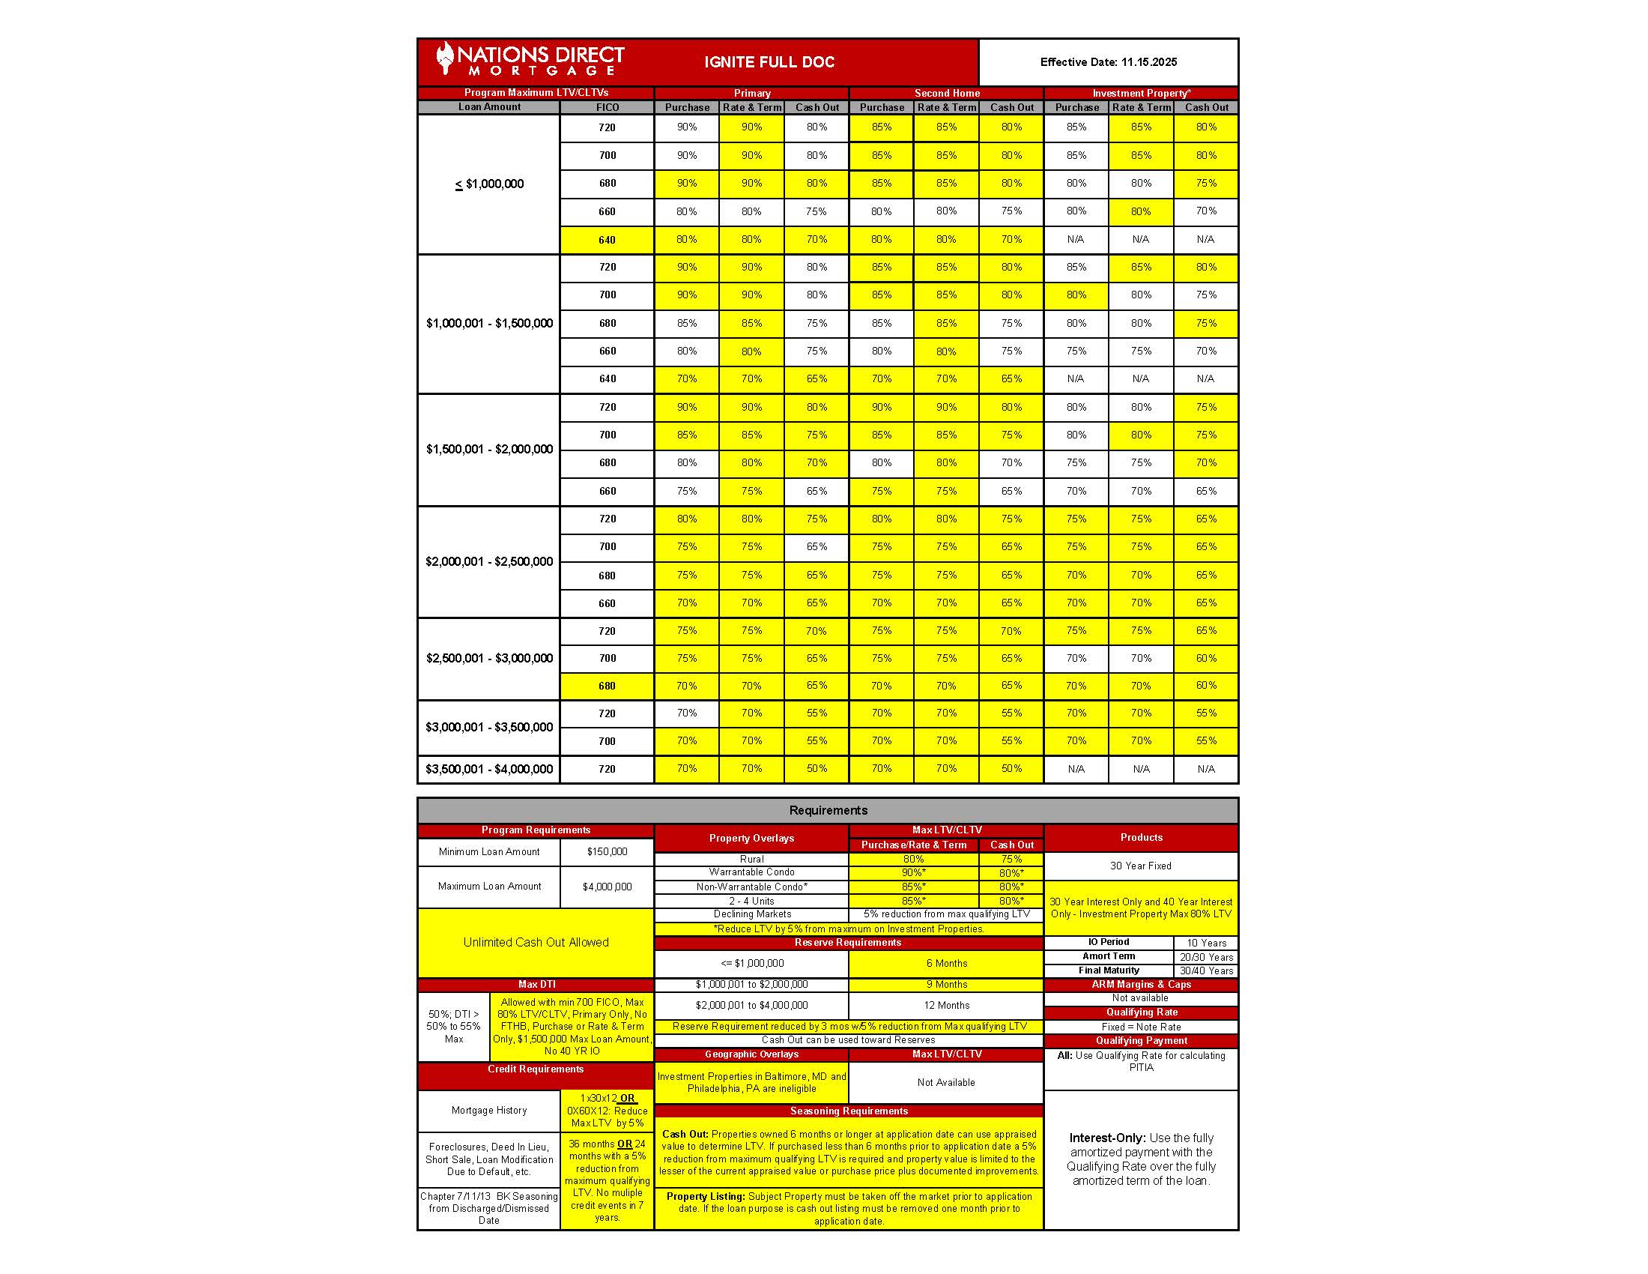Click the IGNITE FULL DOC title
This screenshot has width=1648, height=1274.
[x=769, y=62]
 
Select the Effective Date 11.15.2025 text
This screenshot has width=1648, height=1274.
[x=1108, y=62]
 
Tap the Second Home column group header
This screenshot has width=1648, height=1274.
[x=946, y=93]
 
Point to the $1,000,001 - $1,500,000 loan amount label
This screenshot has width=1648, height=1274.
[x=489, y=323]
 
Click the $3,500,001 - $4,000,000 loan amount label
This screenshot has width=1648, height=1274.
[x=489, y=769]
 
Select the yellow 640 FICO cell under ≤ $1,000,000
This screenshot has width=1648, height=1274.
[x=607, y=240]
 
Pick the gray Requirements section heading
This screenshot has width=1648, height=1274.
[x=828, y=810]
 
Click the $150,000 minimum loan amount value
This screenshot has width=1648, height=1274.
[x=607, y=851]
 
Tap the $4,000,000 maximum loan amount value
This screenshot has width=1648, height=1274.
[x=607, y=887]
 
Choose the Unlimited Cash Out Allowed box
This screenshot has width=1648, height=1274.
[x=535, y=942]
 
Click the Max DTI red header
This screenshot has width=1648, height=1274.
[x=536, y=984]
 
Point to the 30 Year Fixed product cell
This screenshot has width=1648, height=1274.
[x=1140, y=866]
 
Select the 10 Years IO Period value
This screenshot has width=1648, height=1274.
[x=1206, y=943]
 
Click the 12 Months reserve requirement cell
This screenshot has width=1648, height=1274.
[x=945, y=1005]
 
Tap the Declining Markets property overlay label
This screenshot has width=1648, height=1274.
[x=751, y=914]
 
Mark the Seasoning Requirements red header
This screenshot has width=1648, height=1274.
[x=849, y=1111]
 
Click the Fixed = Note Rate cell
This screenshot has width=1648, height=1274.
[x=1140, y=1027]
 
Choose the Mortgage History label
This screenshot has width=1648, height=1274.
[x=489, y=1110]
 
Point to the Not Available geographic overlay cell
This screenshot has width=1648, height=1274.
[x=945, y=1082]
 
